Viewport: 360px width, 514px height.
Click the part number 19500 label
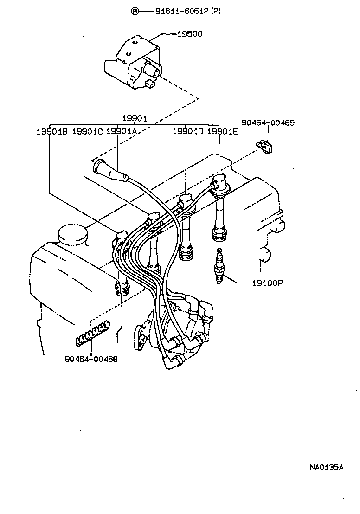coord(190,34)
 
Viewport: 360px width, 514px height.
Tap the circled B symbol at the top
coord(135,12)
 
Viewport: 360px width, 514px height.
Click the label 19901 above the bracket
coord(134,119)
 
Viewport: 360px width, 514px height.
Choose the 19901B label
coord(52,131)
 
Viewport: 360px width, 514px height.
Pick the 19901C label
coord(87,131)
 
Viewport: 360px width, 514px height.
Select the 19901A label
coord(121,131)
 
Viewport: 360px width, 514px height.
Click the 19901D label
coord(188,131)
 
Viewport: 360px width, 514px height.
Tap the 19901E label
coord(222,131)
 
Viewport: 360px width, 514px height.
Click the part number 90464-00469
coord(268,123)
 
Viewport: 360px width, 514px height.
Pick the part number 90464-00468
coord(91,359)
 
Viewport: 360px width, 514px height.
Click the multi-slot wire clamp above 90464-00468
coord(93,334)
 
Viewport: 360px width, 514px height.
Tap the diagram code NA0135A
coord(327,467)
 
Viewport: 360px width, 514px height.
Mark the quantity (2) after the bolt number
coord(216,11)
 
